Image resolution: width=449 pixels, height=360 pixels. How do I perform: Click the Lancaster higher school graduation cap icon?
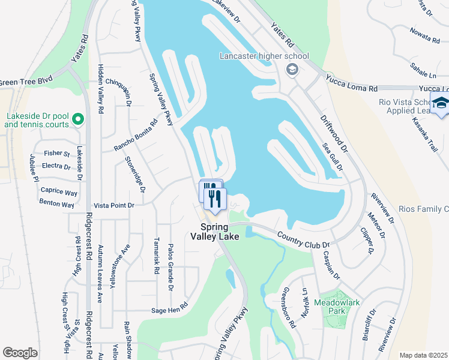292,69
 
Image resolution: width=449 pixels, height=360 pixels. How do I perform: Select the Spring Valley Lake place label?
215,232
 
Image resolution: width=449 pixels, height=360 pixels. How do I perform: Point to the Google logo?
20,352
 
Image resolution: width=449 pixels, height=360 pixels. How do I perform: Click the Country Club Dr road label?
303,240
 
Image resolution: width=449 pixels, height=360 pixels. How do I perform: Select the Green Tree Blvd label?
26,81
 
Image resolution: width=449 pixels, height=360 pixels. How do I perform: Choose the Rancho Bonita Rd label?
136,134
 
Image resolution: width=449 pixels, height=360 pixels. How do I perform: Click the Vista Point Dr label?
113,205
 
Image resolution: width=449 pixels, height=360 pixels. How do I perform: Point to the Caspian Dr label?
332,266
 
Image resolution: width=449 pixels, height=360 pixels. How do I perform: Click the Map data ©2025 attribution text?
424,355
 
